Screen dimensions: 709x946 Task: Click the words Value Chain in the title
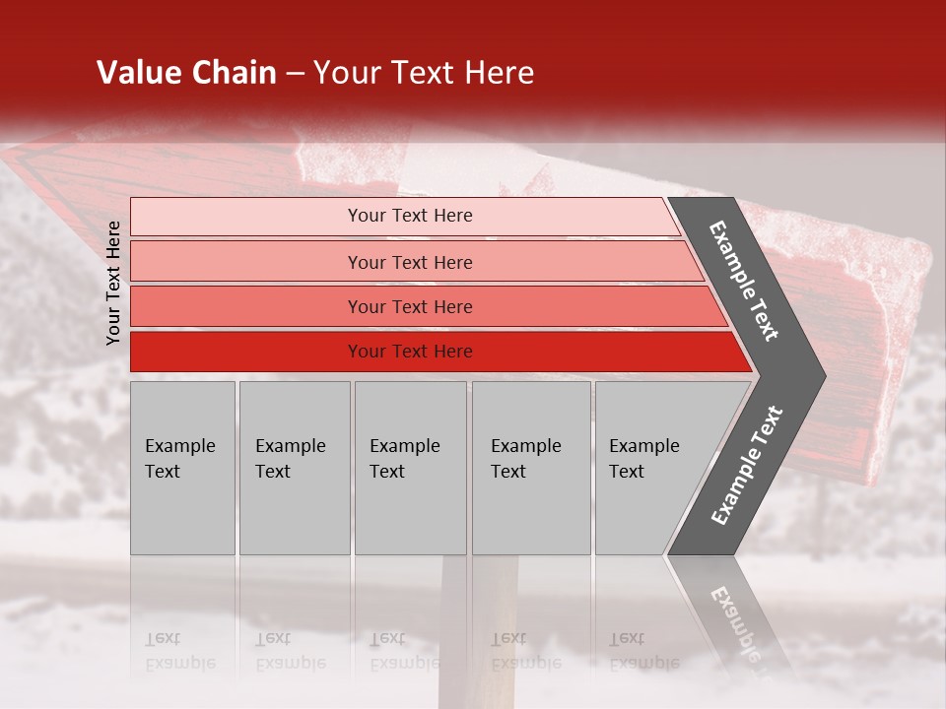pyautogui.click(x=186, y=73)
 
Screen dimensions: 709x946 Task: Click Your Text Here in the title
pyautogui.click(x=424, y=73)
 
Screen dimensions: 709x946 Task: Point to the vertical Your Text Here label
pyautogui.click(x=113, y=283)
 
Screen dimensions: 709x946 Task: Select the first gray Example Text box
pyautogui.click(x=182, y=468)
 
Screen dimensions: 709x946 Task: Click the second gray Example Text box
pyautogui.click(x=295, y=468)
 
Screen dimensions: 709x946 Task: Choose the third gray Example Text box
pyautogui.click(x=410, y=468)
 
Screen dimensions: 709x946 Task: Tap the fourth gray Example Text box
pyautogui.click(x=531, y=468)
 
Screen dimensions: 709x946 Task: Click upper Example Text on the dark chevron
pyautogui.click(x=744, y=281)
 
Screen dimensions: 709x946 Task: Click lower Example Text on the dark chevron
pyautogui.click(x=747, y=465)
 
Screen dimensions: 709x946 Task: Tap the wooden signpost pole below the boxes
pyautogui.click(x=493, y=630)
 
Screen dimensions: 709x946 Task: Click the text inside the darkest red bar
pyautogui.click(x=410, y=352)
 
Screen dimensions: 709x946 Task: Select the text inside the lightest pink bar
pyautogui.click(x=410, y=216)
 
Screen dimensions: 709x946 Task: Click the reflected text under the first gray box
pyautogui.click(x=179, y=651)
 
